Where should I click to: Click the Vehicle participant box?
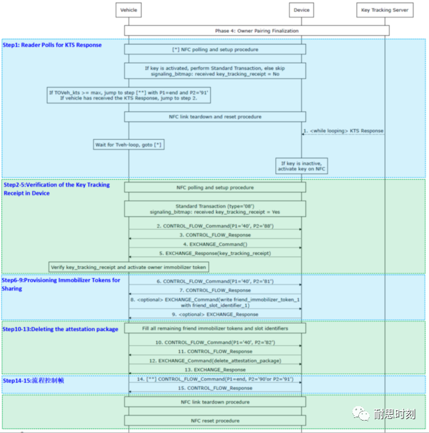128,10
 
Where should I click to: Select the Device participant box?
301,10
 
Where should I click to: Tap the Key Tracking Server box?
385,10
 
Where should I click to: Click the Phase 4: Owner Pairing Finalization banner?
256,31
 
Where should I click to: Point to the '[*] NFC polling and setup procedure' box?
215,49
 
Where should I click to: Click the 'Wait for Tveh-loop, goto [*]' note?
128,144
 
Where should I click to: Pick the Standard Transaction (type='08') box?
215,208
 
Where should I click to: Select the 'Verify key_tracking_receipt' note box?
128,267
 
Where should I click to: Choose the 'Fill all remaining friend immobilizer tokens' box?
215,328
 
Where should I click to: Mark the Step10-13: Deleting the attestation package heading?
61,328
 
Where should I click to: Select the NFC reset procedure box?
215,421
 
